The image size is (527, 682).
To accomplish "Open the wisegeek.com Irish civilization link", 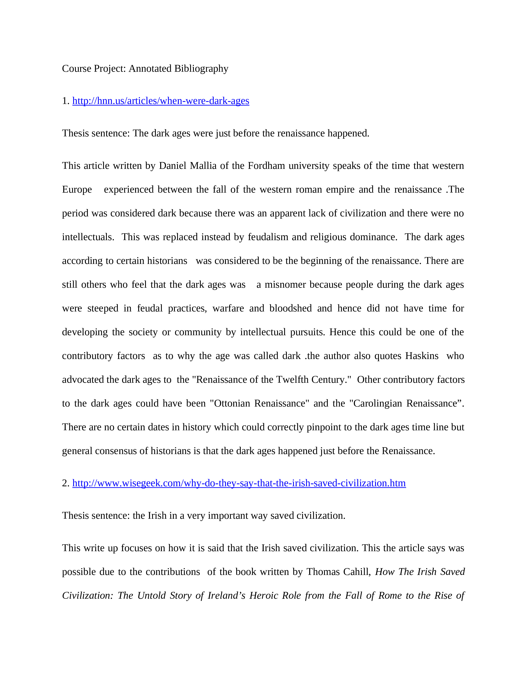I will click(x=239, y=483).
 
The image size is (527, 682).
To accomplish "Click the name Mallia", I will click(x=203, y=166).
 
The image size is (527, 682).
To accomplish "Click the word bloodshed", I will click(x=290, y=308).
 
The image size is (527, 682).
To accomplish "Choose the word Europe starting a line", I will click(x=77, y=190).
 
